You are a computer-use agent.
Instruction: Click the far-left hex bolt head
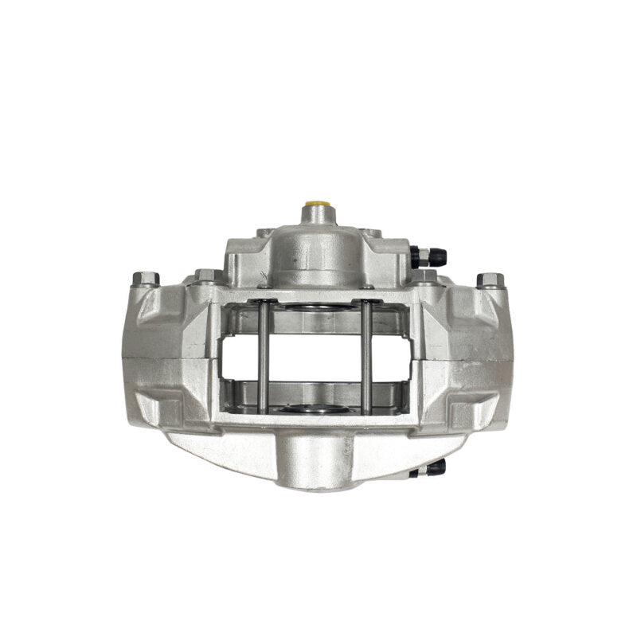tap(146, 279)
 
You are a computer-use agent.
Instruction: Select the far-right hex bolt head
tap(490, 279)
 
